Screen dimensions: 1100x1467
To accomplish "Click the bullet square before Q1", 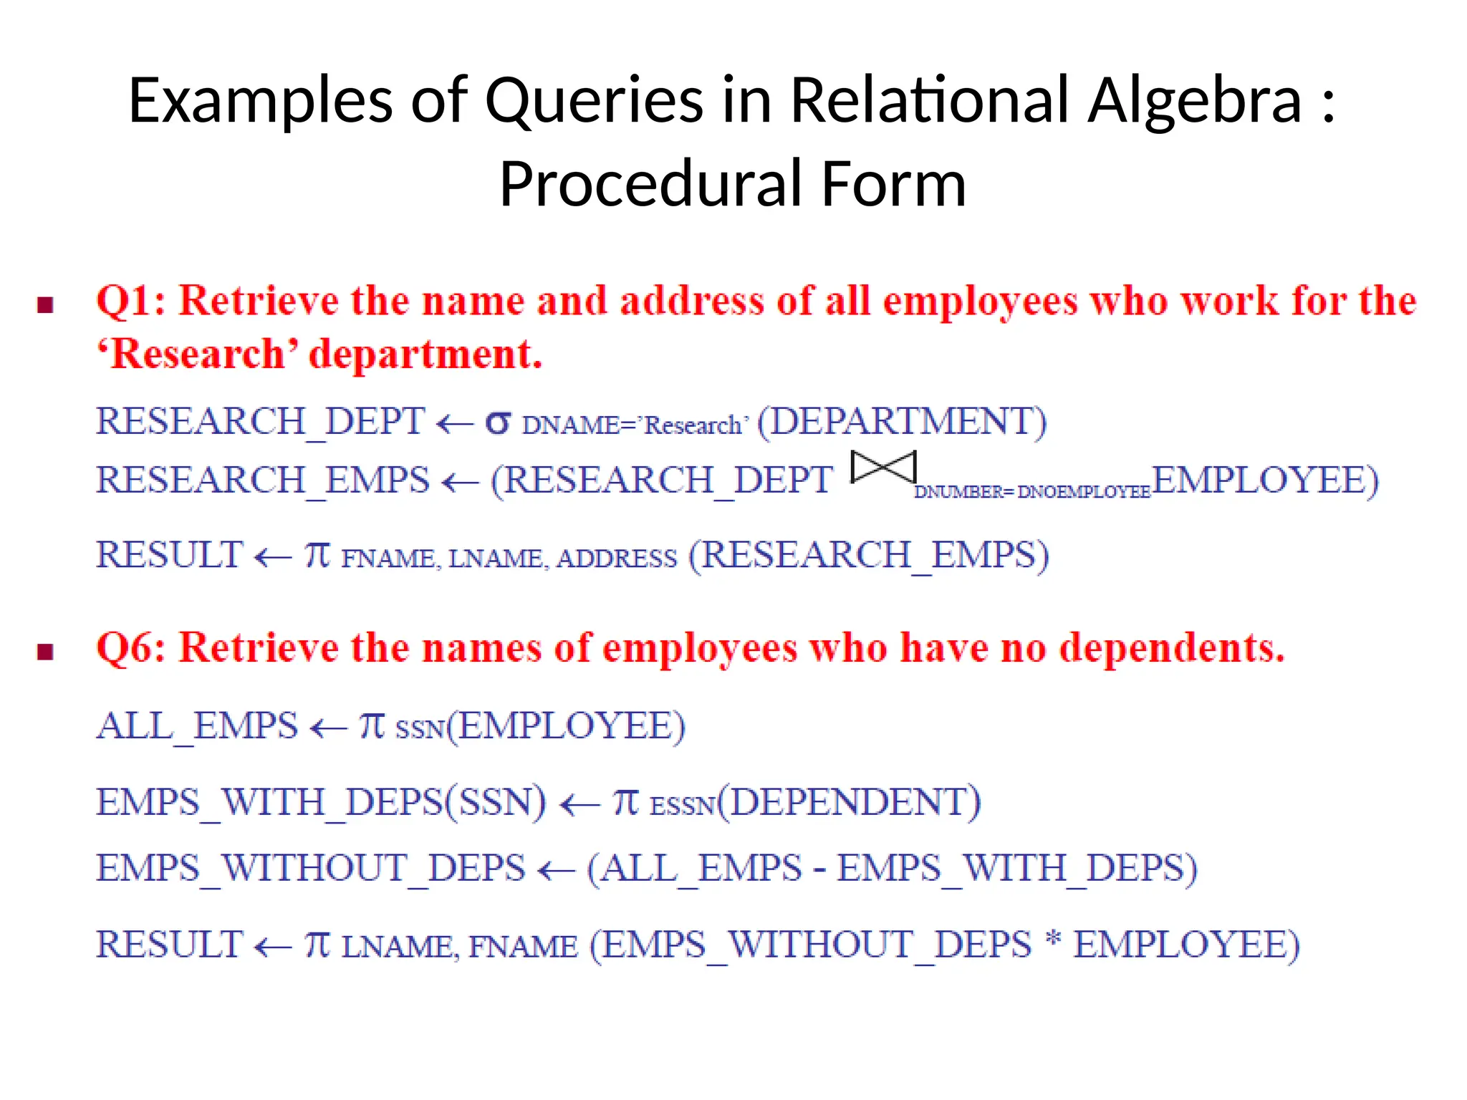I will pyautogui.click(x=46, y=305).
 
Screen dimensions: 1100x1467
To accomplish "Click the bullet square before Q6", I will pyautogui.click(x=46, y=652).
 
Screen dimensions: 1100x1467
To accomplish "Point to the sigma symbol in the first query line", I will pyautogui.click(x=498, y=423).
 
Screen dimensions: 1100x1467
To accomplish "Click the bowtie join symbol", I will pyautogui.click(x=883, y=468).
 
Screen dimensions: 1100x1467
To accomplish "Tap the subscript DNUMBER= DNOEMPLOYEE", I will pyautogui.click(x=1031, y=492).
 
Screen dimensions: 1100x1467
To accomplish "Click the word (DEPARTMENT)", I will pyautogui.click(x=902, y=421).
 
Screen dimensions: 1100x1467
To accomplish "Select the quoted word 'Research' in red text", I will pyautogui.click(x=198, y=354).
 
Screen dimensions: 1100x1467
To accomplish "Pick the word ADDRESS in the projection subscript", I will pyautogui.click(x=617, y=559).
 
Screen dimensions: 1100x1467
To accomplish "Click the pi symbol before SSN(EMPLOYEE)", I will pyautogui.click(x=372, y=725).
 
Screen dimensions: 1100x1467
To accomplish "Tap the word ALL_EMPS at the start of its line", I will pyautogui.click(x=197, y=726).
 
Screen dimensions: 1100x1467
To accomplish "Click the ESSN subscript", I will pyautogui.click(x=682, y=806).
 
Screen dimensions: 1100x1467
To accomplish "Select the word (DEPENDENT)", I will pyautogui.click(x=850, y=801).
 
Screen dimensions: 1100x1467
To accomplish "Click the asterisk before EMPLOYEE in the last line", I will pyautogui.click(x=1052, y=939).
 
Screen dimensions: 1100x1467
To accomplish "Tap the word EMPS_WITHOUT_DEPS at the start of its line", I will pyautogui.click(x=311, y=869).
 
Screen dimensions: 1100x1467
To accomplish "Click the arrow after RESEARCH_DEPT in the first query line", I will pyautogui.click(x=455, y=425).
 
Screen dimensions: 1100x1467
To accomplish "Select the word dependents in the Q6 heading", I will pyautogui.click(x=1171, y=648).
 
